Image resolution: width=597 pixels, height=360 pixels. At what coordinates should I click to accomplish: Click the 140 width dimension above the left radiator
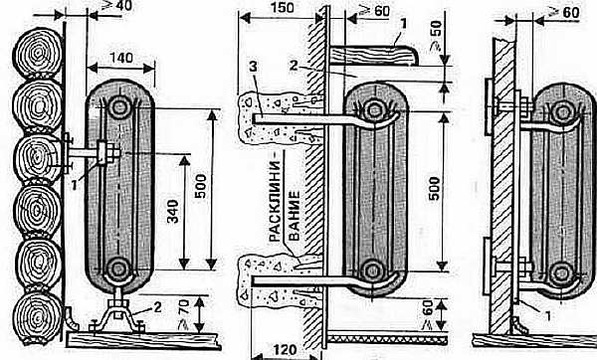pyautogui.click(x=121, y=59)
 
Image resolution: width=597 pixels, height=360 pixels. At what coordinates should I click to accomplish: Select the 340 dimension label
pyautogui.click(x=173, y=212)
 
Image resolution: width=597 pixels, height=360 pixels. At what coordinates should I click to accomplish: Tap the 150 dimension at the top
pyautogui.click(x=283, y=8)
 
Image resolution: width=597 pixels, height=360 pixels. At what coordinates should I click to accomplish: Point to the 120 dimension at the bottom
pyautogui.click(x=285, y=349)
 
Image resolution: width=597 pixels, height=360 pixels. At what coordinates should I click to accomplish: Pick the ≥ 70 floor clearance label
pyautogui.click(x=184, y=314)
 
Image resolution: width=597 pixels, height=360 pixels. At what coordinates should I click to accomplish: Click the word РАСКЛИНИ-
pyautogui.click(x=275, y=202)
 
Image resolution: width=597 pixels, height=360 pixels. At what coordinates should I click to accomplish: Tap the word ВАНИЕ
pyautogui.click(x=294, y=216)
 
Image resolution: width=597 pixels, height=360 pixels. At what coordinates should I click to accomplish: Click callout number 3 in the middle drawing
pyautogui.click(x=253, y=67)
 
